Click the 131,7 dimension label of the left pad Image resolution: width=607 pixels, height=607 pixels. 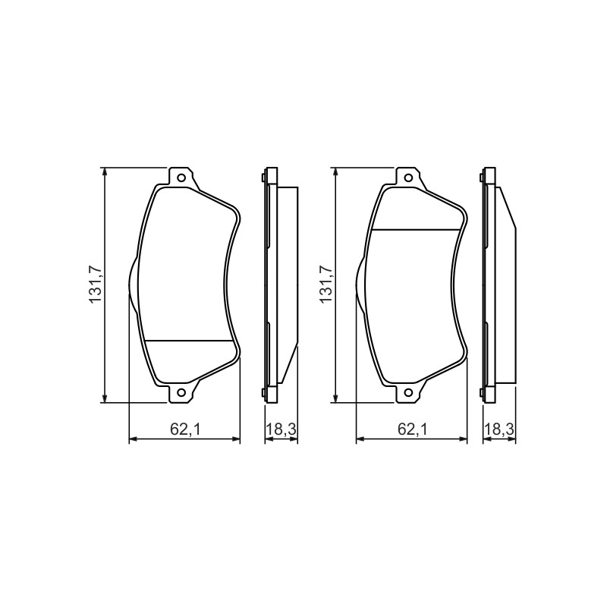[x=96, y=285]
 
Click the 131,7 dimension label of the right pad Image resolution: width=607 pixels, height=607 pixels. [x=326, y=285]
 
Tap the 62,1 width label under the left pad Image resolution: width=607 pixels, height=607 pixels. [x=185, y=429]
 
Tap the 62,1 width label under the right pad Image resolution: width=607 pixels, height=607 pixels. [x=413, y=429]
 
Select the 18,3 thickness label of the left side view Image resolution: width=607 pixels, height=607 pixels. [x=281, y=429]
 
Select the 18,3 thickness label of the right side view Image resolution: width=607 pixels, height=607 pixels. [x=499, y=429]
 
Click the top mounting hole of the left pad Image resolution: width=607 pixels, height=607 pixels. [x=181, y=178]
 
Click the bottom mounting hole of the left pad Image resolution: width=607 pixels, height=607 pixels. [x=181, y=392]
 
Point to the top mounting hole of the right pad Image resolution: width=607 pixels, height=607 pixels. [x=408, y=178]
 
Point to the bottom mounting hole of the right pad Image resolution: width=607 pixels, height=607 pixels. [x=408, y=392]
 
